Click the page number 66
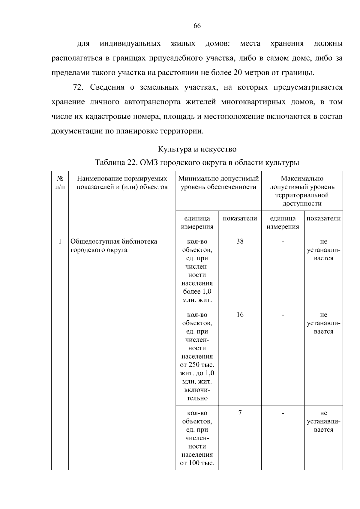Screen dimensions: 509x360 tap(197, 26)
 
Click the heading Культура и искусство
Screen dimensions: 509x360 tap(197, 149)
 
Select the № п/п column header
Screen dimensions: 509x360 tap(60, 183)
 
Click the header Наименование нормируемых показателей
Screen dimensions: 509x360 tap(122, 183)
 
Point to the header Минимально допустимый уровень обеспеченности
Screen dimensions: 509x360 tap(218, 183)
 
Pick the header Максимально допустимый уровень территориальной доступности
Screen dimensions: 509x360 tap(302, 191)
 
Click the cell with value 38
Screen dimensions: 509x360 tap(240, 241)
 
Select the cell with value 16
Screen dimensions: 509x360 tap(240, 315)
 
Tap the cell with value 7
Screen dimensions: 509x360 tap(240, 413)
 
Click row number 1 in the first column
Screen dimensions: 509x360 tap(60, 241)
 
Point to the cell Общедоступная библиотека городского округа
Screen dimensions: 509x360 tap(114, 246)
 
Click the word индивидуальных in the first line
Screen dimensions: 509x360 tap(130, 43)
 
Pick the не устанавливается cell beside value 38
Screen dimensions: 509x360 tap(323, 250)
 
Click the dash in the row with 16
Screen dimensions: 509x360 tap(283, 315)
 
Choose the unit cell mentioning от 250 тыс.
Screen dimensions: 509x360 tap(197, 356)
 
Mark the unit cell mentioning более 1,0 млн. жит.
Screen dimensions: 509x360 tap(197, 271)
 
